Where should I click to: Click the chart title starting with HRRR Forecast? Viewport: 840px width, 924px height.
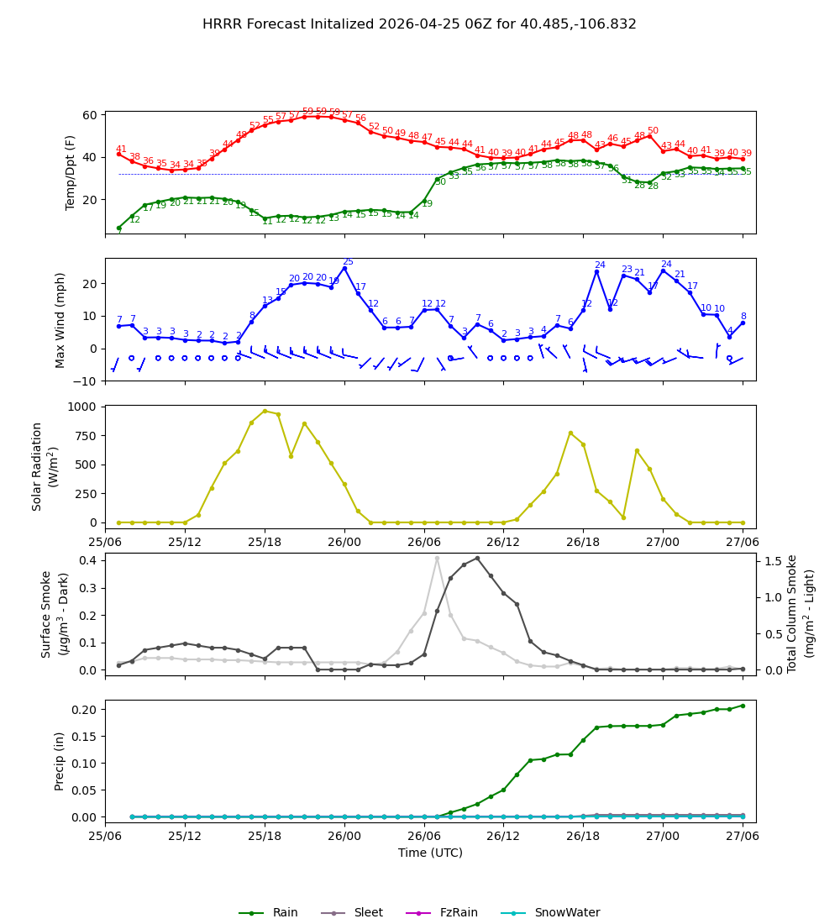click(419, 24)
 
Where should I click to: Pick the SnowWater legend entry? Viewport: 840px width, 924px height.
click(567, 913)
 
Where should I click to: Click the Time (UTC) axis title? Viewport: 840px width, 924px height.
click(430, 853)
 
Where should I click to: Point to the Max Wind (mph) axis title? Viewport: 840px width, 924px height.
click(60, 319)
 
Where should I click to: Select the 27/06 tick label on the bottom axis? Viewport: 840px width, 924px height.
click(743, 837)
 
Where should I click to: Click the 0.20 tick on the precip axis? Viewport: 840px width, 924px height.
click(87, 710)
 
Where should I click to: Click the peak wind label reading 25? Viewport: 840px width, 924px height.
click(348, 262)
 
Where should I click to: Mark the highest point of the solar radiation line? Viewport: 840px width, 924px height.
click(265, 411)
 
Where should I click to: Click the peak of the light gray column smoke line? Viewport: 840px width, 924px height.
click(437, 558)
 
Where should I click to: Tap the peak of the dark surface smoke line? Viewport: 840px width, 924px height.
click(477, 558)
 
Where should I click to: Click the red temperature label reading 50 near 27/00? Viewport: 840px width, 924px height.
click(653, 131)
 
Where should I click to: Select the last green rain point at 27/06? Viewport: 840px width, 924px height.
click(743, 706)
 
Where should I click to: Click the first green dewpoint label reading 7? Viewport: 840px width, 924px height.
click(119, 232)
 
